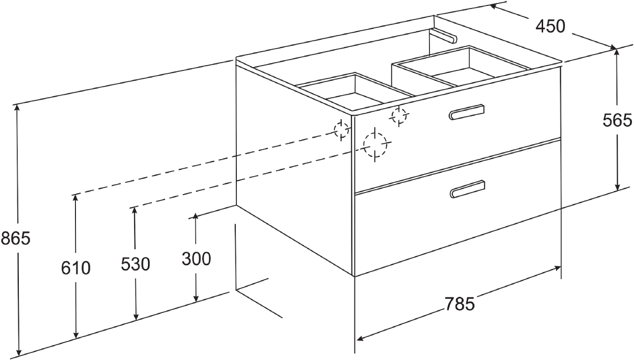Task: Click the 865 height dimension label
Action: [x=15, y=238]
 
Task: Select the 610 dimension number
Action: [x=76, y=268]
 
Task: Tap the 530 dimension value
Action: [x=136, y=264]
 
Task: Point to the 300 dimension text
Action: [x=196, y=259]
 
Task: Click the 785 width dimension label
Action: [x=460, y=304]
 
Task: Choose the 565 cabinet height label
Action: [x=617, y=120]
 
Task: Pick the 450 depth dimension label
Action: [x=550, y=26]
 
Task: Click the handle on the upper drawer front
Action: [x=467, y=112]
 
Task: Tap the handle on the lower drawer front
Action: [x=467, y=189]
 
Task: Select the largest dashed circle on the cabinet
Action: [x=375, y=144]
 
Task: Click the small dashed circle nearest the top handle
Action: [x=399, y=116]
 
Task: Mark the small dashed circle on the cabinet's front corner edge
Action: [x=342, y=130]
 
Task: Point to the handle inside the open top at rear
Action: [x=443, y=36]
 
